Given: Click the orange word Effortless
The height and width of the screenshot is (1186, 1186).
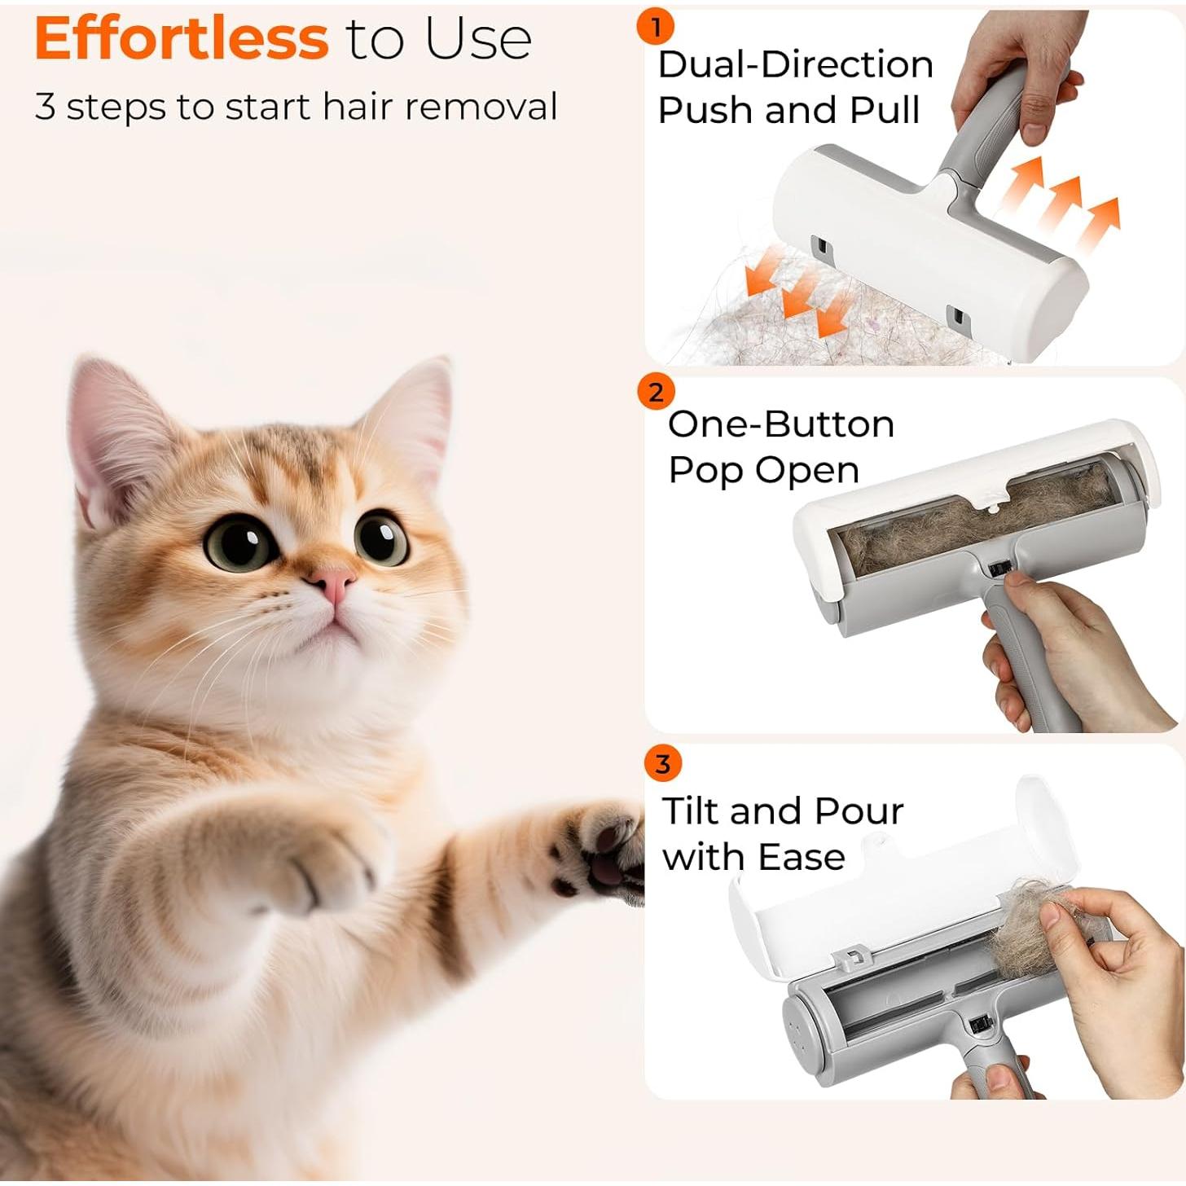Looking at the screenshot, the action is click(x=182, y=38).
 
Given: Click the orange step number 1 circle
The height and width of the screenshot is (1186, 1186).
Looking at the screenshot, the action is click(x=656, y=26).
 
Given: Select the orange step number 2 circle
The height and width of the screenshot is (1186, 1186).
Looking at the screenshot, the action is click(x=656, y=392).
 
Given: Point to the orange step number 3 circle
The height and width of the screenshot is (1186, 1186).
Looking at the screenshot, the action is click(x=662, y=765).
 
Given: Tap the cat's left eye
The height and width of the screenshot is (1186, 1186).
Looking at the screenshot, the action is click(x=240, y=542).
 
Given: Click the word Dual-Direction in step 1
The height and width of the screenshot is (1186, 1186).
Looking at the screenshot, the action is click(x=795, y=64).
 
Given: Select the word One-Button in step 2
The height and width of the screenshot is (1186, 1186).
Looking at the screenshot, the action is click(x=781, y=424).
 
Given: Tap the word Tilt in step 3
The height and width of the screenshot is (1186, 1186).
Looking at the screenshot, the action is click(x=691, y=810).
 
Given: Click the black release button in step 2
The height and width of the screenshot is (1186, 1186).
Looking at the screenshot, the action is click(x=998, y=568).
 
